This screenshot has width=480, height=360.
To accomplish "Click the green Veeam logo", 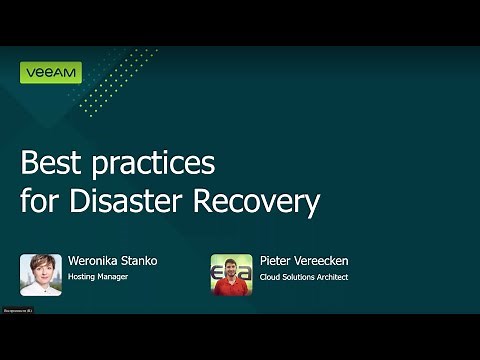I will pos(50,73).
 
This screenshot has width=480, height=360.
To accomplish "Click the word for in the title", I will pos(40,201).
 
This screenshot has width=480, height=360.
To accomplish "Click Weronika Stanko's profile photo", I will pos(40,274).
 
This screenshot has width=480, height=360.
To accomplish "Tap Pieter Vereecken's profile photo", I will pos(231,274).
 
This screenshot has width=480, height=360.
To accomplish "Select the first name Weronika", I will pos(93,261).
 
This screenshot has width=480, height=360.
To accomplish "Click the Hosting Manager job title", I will pos(97,277).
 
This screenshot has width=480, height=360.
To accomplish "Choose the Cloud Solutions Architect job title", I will pos(303,277).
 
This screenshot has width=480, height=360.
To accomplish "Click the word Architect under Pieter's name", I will pos(331,277).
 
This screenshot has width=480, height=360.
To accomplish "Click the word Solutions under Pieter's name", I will pos(297,277).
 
